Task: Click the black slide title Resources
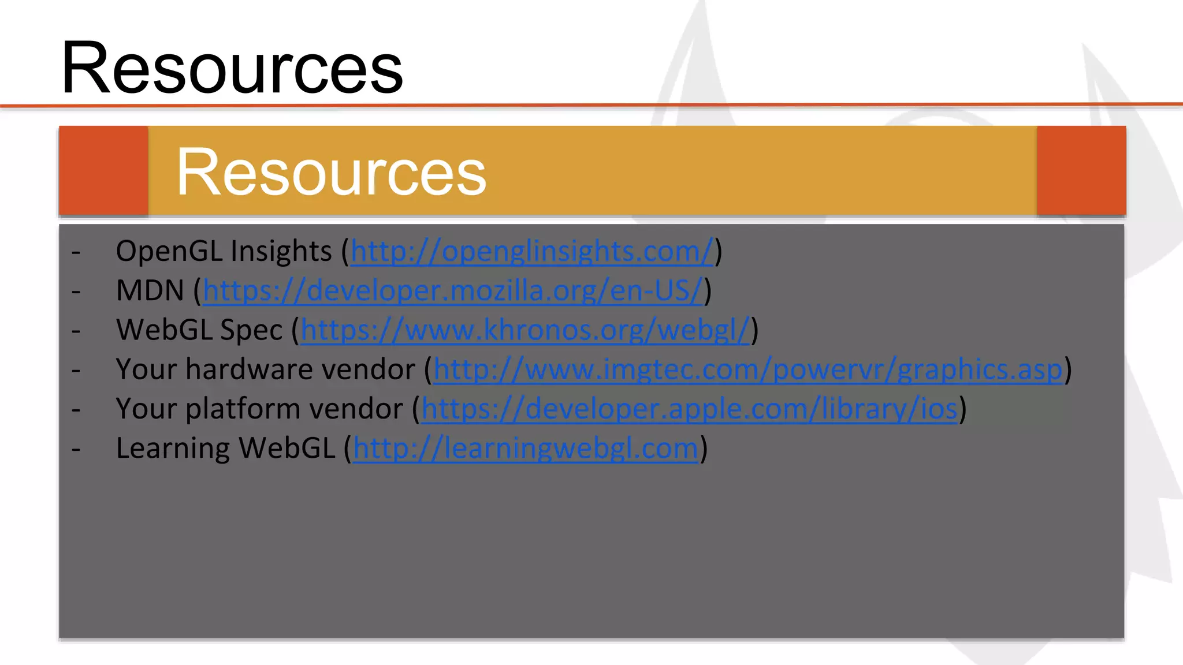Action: click(232, 68)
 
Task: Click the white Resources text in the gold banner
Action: click(331, 172)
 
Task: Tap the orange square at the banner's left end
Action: click(103, 171)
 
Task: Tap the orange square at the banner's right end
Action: click(1081, 171)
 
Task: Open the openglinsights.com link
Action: click(532, 252)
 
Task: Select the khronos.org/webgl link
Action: click(524, 330)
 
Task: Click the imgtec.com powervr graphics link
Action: click(747, 369)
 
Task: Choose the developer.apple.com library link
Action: click(689, 409)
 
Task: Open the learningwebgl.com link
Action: click(526, 449)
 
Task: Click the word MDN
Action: click(150, 291)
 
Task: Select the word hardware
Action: click(300, 369)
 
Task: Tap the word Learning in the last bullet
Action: click(173, 449)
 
